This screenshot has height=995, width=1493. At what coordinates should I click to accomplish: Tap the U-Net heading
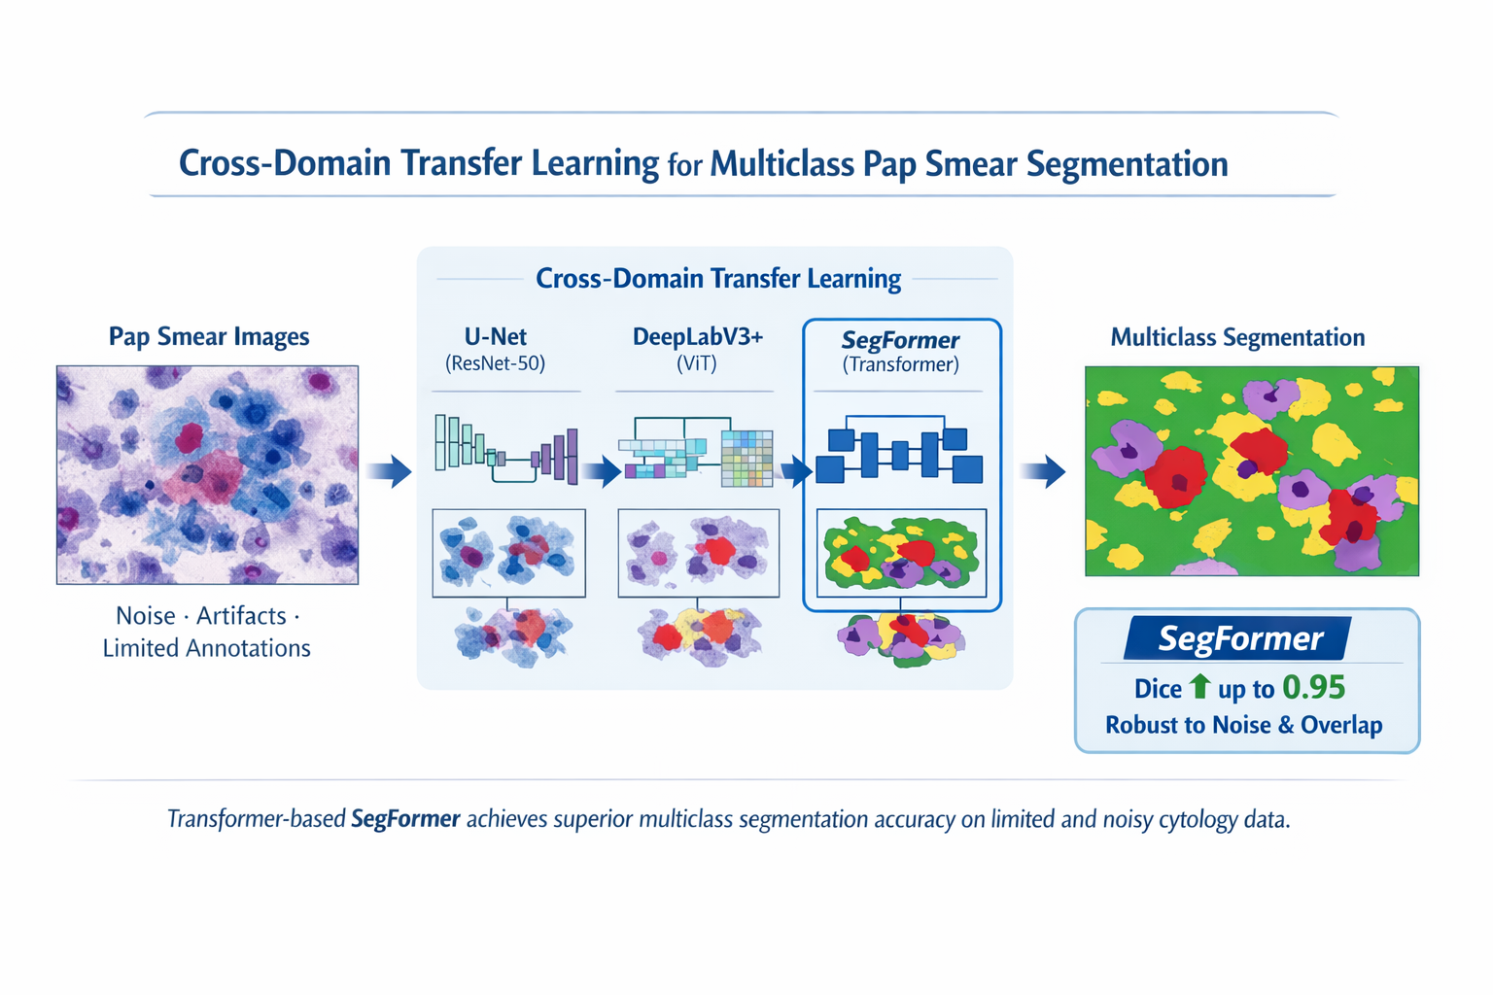pyautogui.click(x=495, y=337)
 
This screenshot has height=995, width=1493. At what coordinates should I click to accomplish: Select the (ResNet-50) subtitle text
pyautogui.click(x=495, y=364)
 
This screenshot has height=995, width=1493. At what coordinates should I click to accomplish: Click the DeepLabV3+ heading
pyautogui.click(x=697, y=337)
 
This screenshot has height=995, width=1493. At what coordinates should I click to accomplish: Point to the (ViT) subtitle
pyautogui.click(x=697, y=364)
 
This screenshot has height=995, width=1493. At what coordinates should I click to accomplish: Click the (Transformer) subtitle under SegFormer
pyautogui.click(x=900, y=365)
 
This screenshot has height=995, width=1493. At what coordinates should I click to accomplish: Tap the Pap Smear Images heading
pyautogui.click(x=208, y=337)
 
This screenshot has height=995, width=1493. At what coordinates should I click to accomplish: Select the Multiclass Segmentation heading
pyautogui.click(x=1236, y=338)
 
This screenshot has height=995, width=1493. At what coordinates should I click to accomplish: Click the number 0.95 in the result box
pyautogui.click(x=1313, y=688)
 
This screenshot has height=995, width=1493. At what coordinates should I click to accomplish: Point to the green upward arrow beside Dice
pyautogui.click(x=1199, y=686)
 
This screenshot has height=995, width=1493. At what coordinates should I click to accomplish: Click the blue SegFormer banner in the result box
pyautogui.click(x=1238, y=638)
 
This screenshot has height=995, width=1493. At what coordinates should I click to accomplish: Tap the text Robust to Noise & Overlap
pyautogui.click(x=1243, y=725)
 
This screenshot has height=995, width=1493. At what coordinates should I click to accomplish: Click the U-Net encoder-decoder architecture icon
pyautogui.click(x=505, y=450)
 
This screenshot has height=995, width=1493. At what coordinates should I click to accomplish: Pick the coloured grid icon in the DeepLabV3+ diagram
pyautogui.click(x=746, y=458)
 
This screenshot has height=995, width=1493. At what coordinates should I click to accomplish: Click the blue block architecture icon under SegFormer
pyautogui.click(x=899, y=453)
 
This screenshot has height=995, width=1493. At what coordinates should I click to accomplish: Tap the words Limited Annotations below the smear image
pyautogui.click(x=206, y=648)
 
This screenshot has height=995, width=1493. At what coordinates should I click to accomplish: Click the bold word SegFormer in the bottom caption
pyautogui.click(x=405, y=819)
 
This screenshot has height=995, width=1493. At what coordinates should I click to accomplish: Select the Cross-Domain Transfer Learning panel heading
pyautogui.click(x=718, y=279)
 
